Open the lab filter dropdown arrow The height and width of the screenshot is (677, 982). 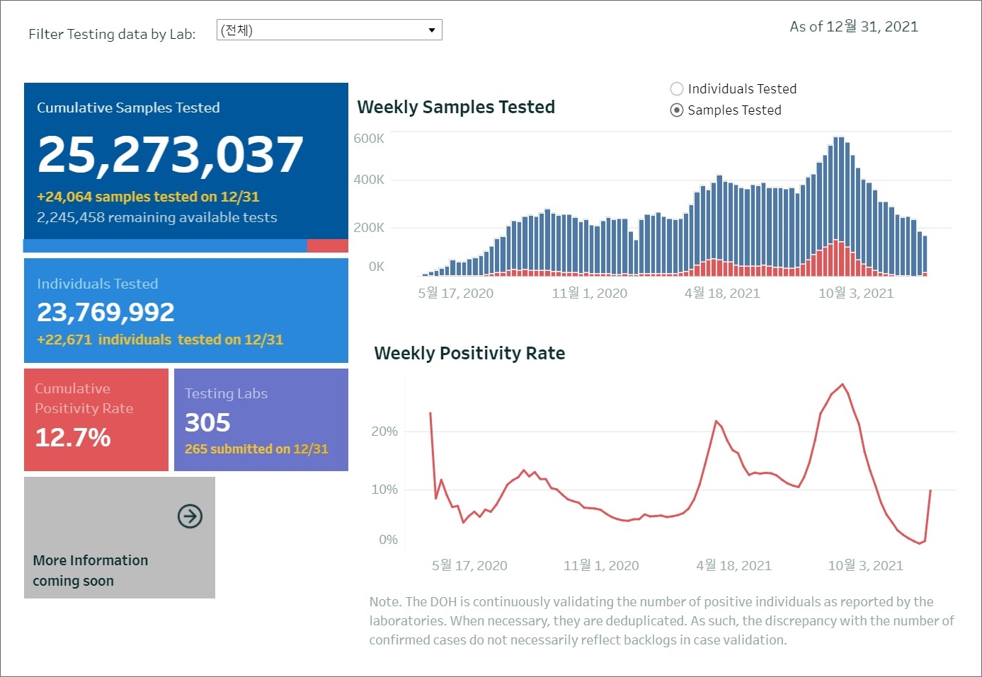431,30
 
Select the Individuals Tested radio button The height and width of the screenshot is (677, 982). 677,89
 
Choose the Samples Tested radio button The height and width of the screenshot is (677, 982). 677,110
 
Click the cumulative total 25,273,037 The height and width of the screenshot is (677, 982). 171,154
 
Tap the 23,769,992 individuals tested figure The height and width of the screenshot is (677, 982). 105,312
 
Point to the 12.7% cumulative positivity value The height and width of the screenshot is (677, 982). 73,437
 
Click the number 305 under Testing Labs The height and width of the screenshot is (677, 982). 207,422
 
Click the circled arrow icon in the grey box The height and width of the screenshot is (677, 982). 190,516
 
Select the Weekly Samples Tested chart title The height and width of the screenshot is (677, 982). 456,107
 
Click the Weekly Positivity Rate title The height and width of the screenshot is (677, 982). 469,353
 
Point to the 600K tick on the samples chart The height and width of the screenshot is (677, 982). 369,138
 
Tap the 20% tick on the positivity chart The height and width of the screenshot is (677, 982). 384,432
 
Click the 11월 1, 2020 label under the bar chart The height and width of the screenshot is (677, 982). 589,293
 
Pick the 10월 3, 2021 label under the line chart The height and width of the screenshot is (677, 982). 865,565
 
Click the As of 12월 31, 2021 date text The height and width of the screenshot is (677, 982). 854,27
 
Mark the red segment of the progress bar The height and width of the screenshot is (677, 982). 328,245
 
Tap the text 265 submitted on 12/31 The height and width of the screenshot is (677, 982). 256,449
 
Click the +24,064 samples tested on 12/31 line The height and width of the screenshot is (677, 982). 148,197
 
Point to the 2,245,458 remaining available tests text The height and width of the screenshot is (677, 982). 156,217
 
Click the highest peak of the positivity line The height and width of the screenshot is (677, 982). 842,384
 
